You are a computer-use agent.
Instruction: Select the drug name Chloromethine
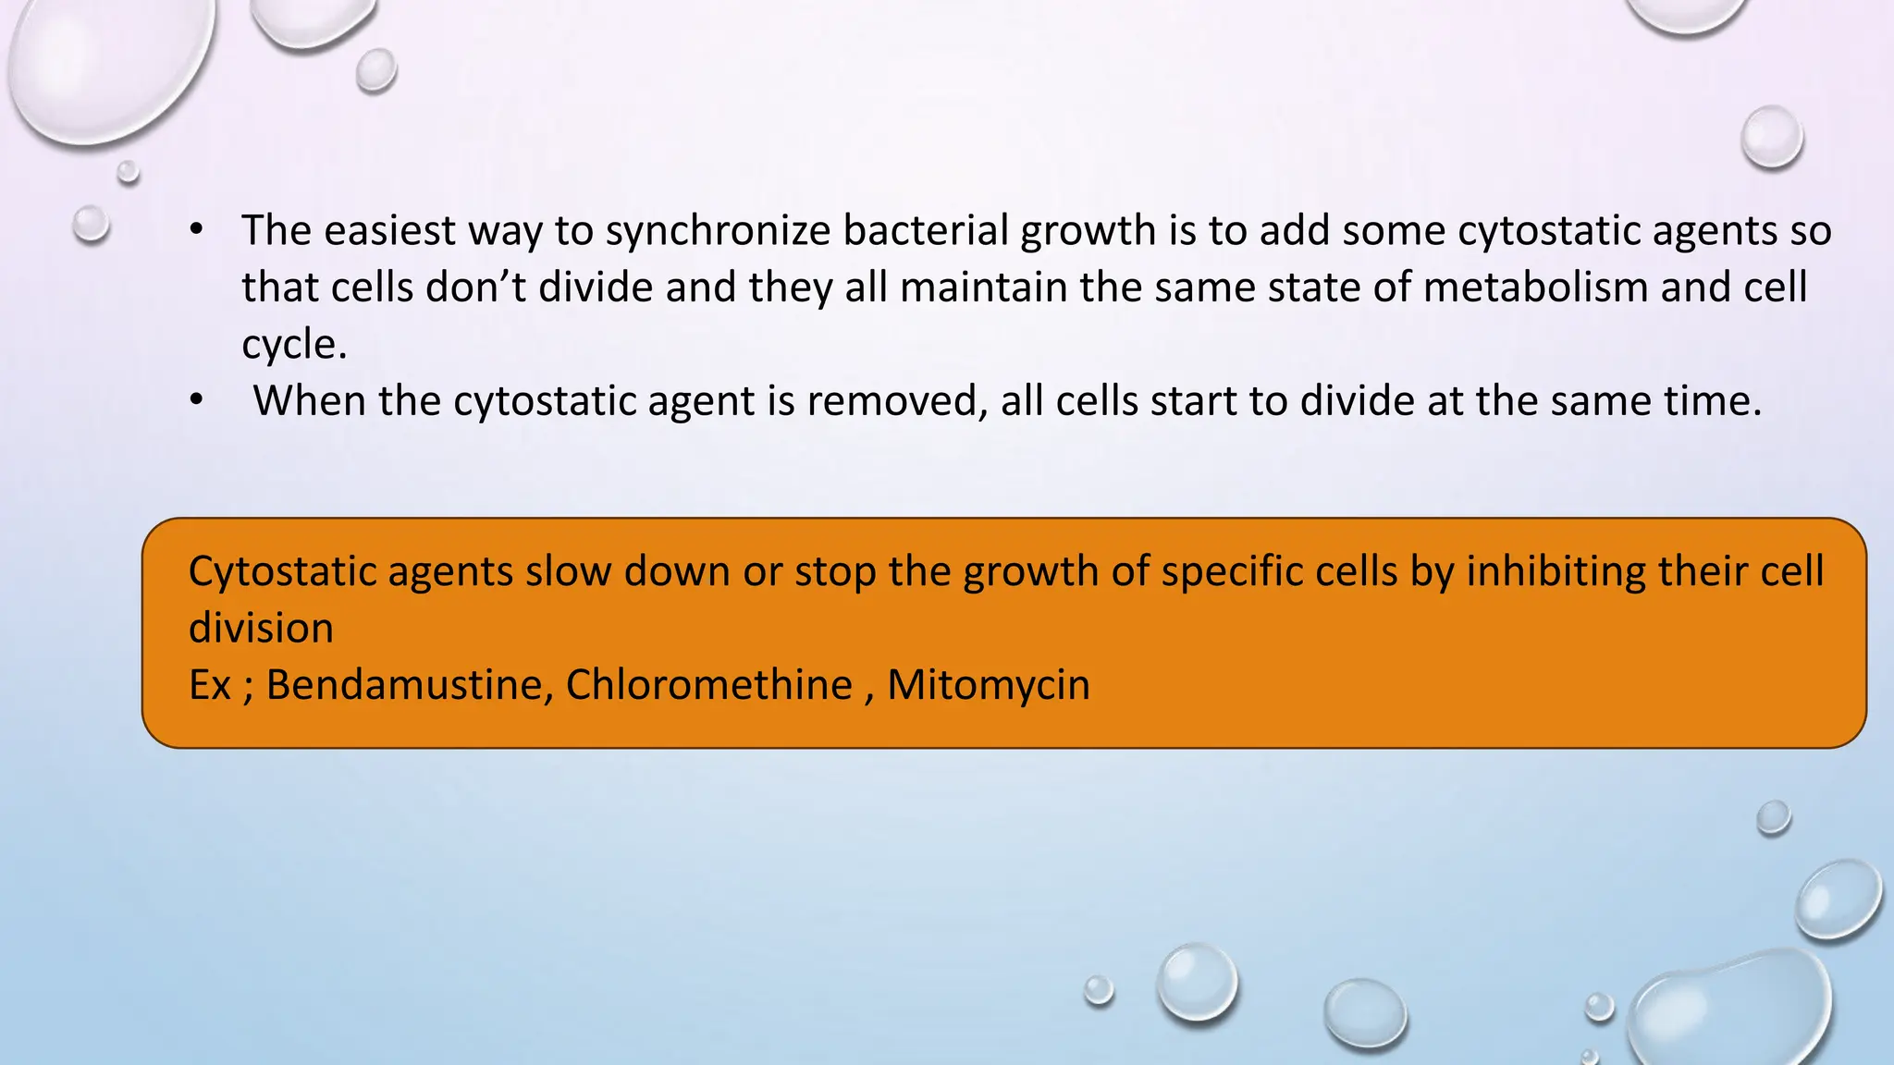(x=708, y=685)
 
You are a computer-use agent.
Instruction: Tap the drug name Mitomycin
(x=988, y=686)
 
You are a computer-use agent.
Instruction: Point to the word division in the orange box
(x=261, y=629)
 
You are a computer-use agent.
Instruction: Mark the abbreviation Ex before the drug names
(x=209, y=686)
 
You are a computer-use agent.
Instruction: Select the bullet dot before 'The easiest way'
(x=196, y=230)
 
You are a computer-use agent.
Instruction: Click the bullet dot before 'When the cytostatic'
(x=196, y=401)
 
